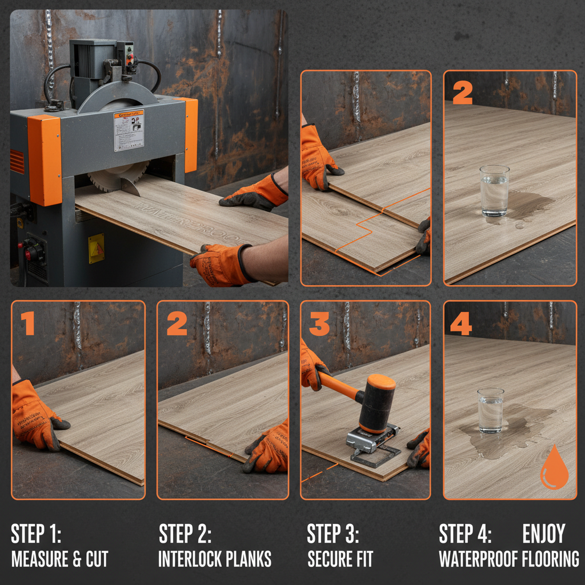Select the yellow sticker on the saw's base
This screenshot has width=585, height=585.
tap(97, 248)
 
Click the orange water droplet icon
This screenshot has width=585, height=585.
tap(554, 468)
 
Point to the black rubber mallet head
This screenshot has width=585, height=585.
tap(377, 402)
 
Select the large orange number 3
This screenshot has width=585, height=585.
tap(319, 323)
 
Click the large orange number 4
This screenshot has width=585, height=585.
tap(460, 323)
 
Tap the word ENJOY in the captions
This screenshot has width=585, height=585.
tap(543, 534)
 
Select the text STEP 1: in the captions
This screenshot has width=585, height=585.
tap(35, 535)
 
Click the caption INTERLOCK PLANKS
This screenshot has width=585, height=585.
tap(215, 559)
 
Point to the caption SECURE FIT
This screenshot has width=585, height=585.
tap(340, 559)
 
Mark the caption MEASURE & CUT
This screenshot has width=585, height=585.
tap(59, 559)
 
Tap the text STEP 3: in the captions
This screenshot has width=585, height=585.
tap(333, 535)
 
